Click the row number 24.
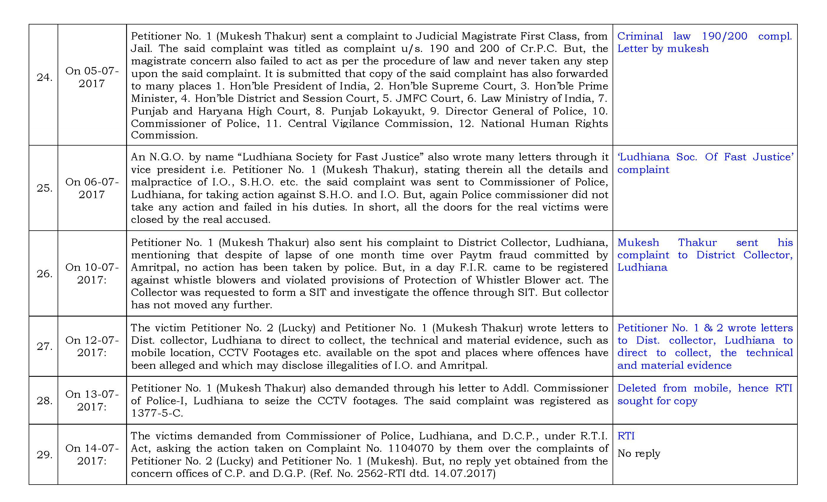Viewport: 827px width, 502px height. point(44,77)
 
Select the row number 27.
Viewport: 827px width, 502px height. point(44,346)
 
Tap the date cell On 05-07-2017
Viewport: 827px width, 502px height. point(92,77)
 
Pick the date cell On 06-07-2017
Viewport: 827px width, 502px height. point(92,188)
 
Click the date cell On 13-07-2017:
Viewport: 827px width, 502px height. point(92,400)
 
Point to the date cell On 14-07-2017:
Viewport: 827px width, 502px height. point(92,454)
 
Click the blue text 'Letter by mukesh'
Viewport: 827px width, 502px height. point(663,49)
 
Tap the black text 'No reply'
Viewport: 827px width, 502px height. point(639,453)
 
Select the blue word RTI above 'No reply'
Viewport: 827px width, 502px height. point(626,436)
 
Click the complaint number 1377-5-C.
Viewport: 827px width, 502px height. point(157,413)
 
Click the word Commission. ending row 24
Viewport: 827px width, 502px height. point(164,135)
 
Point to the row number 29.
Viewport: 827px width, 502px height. point(44,455)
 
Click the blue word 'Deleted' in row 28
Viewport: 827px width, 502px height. point(636,388)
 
